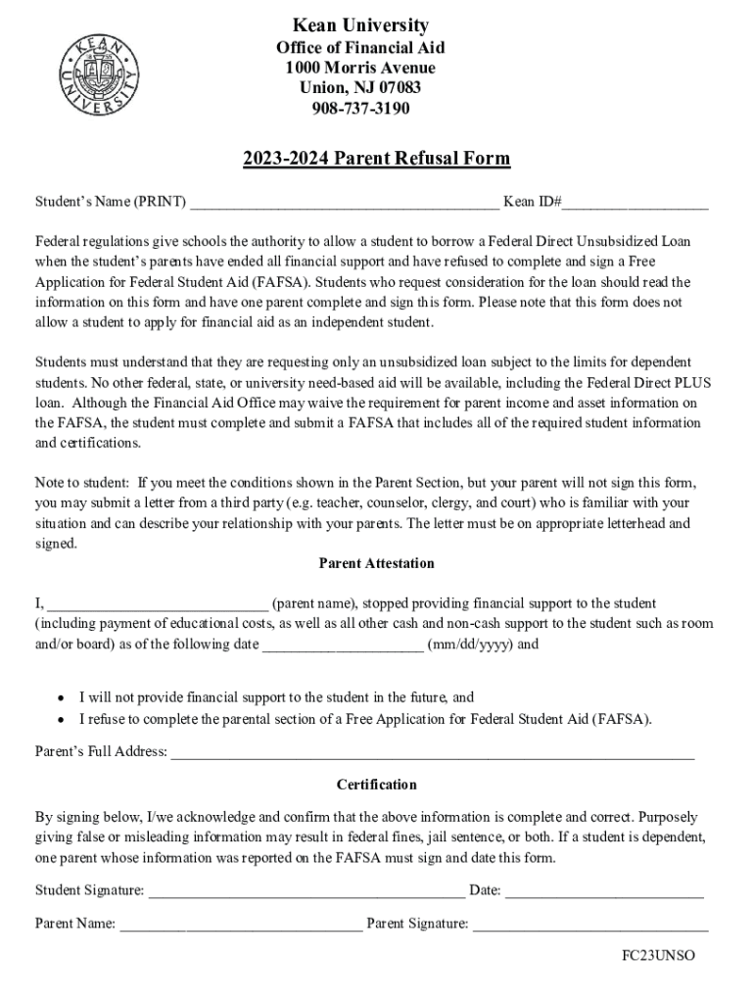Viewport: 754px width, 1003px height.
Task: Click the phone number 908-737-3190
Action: (360, 108)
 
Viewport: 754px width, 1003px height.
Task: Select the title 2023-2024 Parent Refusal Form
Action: (377, 159)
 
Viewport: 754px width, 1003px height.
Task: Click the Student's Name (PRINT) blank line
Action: (344, 204)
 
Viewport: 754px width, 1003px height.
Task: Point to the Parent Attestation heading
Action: (376, 563)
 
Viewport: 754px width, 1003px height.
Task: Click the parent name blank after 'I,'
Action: (158, 604)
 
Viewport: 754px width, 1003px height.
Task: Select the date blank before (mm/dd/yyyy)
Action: (343, 645)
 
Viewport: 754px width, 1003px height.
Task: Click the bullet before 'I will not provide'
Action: (61, 698)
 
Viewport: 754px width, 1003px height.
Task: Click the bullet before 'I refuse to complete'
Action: (61, 719)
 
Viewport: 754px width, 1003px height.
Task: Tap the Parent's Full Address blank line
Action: (432, 754)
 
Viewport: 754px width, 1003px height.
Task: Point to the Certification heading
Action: (376, 785)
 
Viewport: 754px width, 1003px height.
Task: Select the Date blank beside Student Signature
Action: (604, 891)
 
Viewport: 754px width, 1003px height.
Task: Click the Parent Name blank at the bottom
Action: (240, 924)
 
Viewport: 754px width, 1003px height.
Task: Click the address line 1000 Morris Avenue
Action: (360, 68)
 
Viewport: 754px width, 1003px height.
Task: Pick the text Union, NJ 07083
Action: (360, 88)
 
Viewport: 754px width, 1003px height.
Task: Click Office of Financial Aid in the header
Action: (360, 48)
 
